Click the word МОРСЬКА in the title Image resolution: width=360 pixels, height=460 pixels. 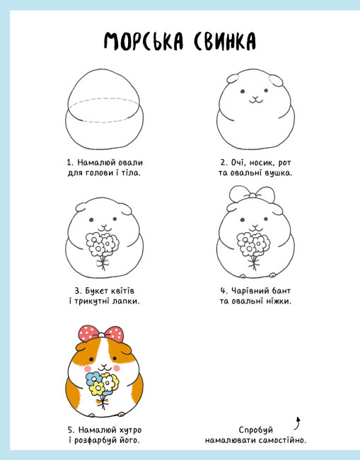144,41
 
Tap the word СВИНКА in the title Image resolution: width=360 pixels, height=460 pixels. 225,41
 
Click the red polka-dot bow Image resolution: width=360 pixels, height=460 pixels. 101,333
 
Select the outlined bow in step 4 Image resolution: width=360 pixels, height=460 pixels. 252,194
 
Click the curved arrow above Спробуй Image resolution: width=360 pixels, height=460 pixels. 298,423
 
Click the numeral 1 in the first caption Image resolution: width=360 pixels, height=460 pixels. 69,163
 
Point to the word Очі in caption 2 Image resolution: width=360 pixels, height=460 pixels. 236,163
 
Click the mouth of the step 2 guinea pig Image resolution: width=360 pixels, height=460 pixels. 256,100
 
